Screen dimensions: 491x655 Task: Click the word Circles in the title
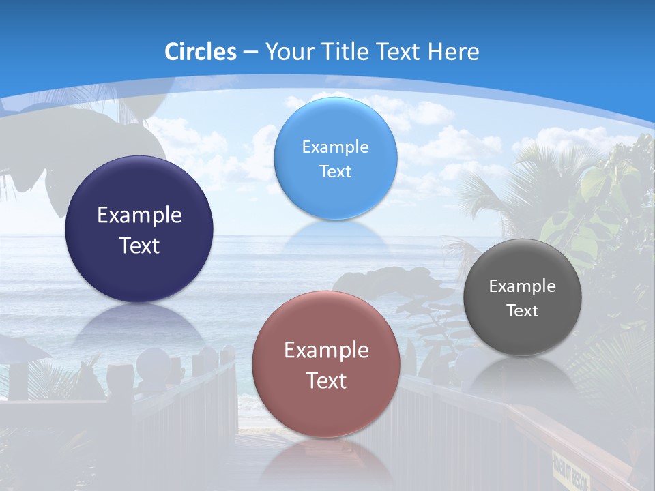(x=201, y=52)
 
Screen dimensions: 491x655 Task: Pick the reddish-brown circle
(x=326, y=327)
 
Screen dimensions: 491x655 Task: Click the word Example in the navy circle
(x=139, y=215)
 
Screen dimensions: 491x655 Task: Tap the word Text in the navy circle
(x=139, y=246)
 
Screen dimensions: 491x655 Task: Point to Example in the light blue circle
(x=335, y=147)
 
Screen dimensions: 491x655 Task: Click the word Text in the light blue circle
(x=335, y=172)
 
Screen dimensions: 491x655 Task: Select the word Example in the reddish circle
(x=326, y=351)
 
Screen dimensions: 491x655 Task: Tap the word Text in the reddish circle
(x=326, y=381)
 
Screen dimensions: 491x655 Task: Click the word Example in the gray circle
(x=523, y=286)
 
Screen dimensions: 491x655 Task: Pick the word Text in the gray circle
(x=523, y=311)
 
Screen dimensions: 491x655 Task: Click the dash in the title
(x=250, y=53)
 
